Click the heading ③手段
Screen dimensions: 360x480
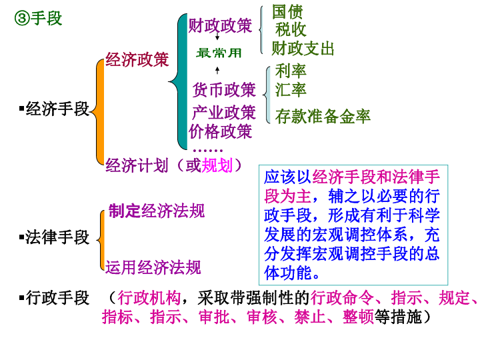pyautogui.click(x=38, y=19)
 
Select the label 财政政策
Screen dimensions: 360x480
pyautogui.click(x=221, y=25)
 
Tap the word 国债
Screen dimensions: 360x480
pyautogui.click(x=287, y=11)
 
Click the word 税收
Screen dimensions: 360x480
pyautogui.click(x=291, y=30)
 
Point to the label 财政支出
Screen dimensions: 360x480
pyautogui.click(x=303, y=49)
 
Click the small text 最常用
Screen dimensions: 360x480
pyautogui.click(x=219, y=53)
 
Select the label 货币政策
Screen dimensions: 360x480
pyautogui.click(x=225, y=89)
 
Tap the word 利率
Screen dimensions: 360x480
pyautogui.click(x=291, y=71)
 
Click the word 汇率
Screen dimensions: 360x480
pyautogui.click(x=291, y=89)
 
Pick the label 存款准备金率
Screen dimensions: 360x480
pyautogui.click(x=323, y=117)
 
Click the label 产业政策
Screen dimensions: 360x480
pyautogui.click(x=224, y=111)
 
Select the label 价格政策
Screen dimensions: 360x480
pyautogui.click(x=221, y=131)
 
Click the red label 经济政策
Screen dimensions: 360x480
pyautogui.click(x=137, y=60)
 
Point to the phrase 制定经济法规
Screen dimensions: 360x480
pyautogui.click(x=157, y=211)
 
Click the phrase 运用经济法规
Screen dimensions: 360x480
pyautogui.click(x=153, y=267)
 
